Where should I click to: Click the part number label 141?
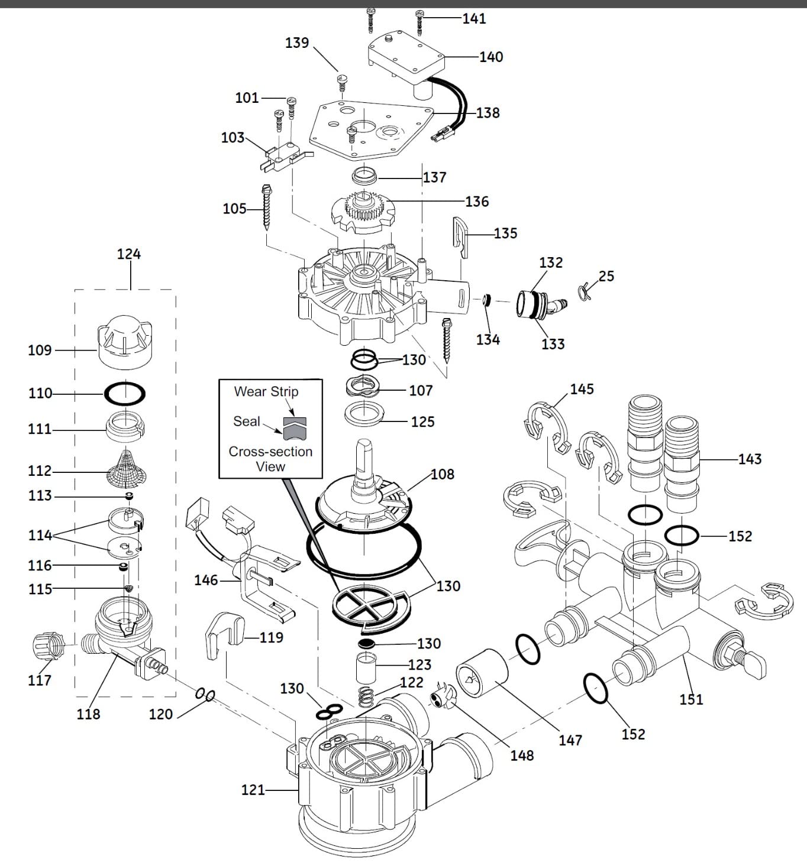coord(474,18)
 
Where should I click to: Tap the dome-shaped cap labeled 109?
coord(124,341)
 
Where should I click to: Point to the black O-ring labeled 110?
coord(125,393)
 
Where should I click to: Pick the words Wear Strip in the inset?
coord(266,391)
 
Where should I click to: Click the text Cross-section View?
coord(270,459)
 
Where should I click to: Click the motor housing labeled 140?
coord(407,58)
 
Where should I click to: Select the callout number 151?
coord(691,699)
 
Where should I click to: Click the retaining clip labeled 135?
coord(461,237)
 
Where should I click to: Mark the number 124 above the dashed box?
coord(129,254)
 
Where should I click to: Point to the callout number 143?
coord(750,459)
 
